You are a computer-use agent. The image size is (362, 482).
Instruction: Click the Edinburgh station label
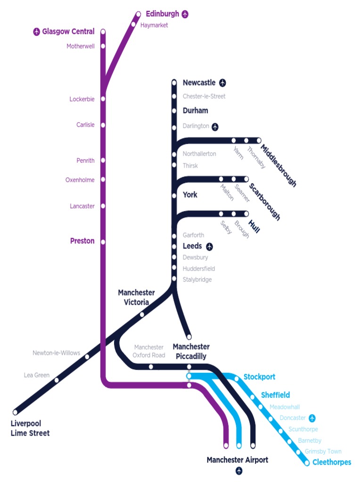(162, 14)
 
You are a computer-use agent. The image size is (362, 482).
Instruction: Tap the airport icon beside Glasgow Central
(36, 32)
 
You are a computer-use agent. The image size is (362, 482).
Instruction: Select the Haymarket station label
(154, 25)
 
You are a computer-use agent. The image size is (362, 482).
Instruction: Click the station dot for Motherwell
(103, 46)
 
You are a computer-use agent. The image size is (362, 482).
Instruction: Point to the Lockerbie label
(82, 99)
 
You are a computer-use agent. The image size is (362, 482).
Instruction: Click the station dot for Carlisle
(103, 125)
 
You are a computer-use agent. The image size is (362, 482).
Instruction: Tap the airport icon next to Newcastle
(222, 83)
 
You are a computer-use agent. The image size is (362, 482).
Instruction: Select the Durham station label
(195, 111)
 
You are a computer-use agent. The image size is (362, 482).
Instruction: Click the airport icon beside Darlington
(215, 127)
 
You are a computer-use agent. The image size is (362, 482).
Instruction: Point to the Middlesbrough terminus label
(279, 166)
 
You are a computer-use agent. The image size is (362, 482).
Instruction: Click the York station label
(190, 195)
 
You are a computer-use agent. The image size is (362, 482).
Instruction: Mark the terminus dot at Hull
(246, 214)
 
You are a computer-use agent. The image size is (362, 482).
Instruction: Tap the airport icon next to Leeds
(209, 246)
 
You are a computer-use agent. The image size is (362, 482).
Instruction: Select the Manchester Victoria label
(136, 297)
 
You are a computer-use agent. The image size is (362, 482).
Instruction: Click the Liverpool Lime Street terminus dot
(16, 412)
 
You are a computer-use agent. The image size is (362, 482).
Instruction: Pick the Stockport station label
(259, 377)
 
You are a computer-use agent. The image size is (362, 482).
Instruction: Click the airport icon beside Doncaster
(312, 418)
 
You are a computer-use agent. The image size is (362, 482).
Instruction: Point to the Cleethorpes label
(332, 462)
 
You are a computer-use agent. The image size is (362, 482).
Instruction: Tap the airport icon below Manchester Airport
(239, 471)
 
